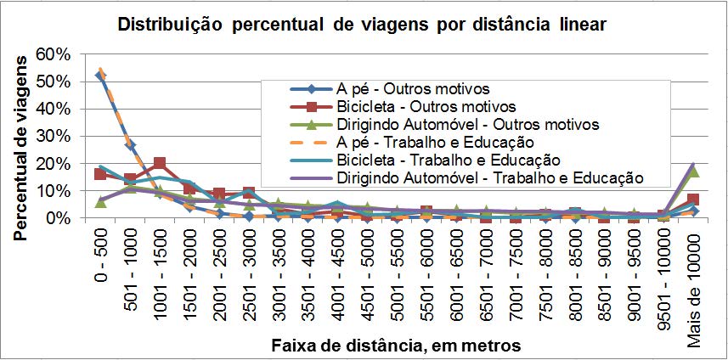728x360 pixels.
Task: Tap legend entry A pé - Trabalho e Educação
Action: click(x=434, y=142)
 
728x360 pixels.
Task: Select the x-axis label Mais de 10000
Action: click(x=694, y=263)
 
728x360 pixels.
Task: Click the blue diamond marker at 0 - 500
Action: click(x=100, y=76)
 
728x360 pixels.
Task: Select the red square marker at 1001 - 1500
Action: click(x=160, y=163)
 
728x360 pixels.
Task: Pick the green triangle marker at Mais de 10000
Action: click(x=694, y=172)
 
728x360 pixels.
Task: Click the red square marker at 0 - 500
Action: click(x=100, y=174)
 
